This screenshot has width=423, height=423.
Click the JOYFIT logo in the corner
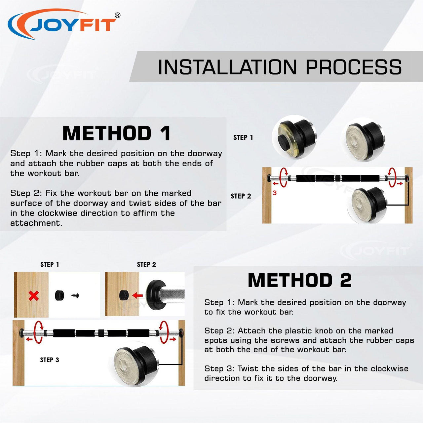pos(64,24)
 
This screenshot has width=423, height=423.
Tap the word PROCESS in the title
pos(354,67)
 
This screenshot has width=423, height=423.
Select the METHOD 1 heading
pos(117,133)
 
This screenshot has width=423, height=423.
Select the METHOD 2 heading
pos(300,280)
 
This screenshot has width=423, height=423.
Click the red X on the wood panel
pos(34,296)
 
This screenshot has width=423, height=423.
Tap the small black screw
pos(75,296)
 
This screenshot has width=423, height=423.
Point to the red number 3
pos(274,193)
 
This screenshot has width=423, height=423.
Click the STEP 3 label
pos(50,360)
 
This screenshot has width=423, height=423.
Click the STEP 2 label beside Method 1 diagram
pos(241,196)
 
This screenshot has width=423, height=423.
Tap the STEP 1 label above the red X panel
pos(50,264)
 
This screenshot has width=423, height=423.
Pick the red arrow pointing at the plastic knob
pos(137,295)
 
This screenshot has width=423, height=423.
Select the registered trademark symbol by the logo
pos(118,15)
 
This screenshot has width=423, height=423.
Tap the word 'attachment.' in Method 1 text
pos(36,223)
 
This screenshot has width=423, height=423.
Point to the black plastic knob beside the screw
pos(59,295)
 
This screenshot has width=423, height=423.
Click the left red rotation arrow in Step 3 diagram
pos(38,332)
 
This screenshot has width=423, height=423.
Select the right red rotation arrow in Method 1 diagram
pos(393,177)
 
